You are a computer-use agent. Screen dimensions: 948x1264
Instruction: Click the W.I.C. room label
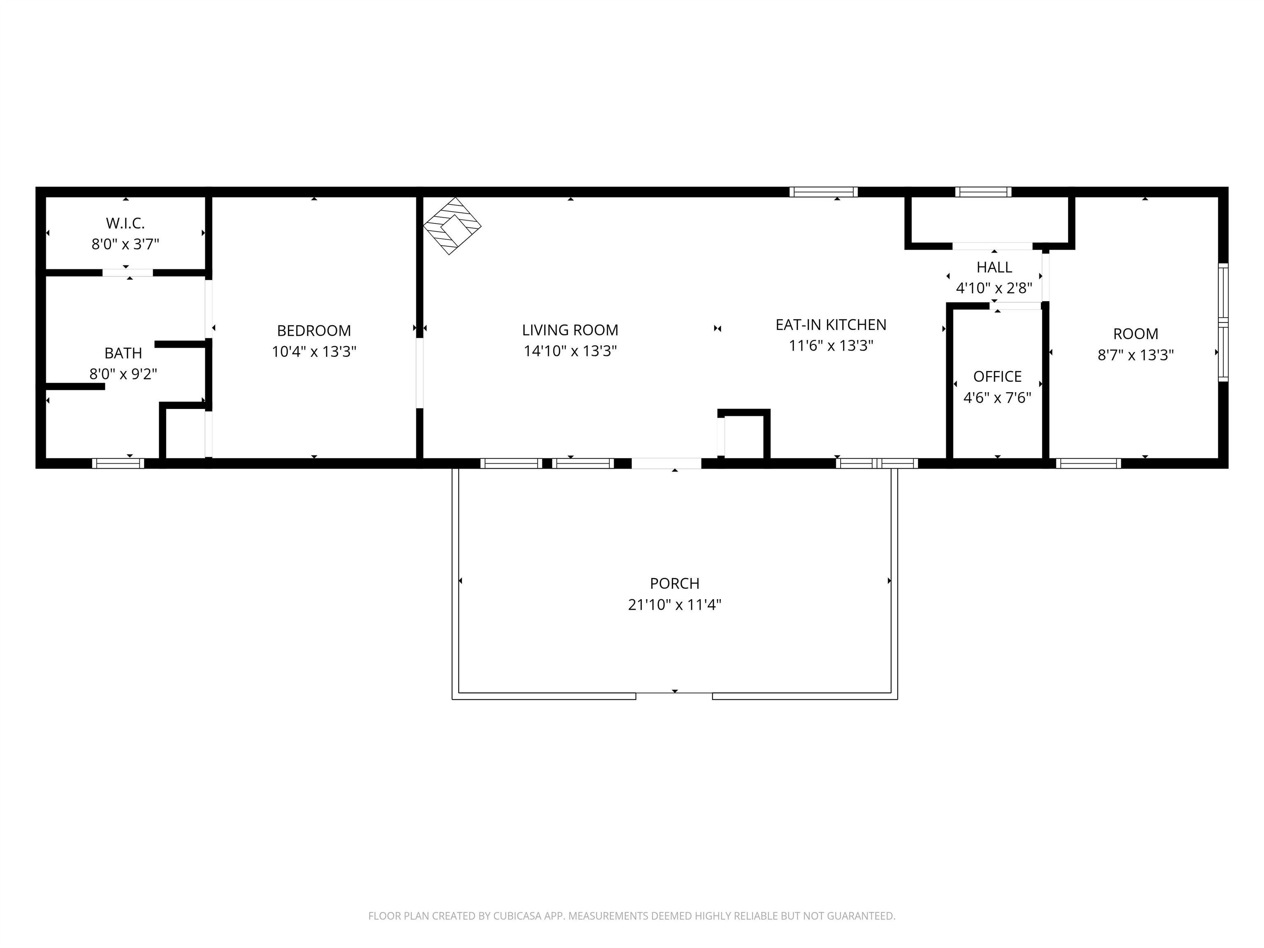[125, 223]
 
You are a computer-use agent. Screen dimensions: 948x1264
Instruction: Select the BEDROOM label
[314, 330]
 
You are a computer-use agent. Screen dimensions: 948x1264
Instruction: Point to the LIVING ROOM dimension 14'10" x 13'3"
[570, 351]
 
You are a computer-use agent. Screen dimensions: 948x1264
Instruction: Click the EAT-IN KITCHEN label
[830, 325]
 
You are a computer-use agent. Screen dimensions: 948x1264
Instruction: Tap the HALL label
[994, 267]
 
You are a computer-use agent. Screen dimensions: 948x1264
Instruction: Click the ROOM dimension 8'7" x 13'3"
[1135, 355]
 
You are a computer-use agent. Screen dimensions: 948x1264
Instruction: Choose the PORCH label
[674, 583]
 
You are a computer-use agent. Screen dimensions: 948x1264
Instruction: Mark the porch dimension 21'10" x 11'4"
[674, 604]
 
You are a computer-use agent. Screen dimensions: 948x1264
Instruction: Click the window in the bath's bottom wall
[118, 463]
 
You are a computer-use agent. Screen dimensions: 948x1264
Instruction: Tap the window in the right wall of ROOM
[1223, 323]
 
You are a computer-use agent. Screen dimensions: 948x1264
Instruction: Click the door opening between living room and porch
[666, 463]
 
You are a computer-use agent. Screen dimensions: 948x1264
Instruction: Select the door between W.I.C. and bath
[128, 272]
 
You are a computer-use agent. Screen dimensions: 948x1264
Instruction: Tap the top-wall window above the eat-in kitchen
[823, 192]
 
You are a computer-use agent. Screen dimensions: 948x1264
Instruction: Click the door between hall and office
[1015, 306]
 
